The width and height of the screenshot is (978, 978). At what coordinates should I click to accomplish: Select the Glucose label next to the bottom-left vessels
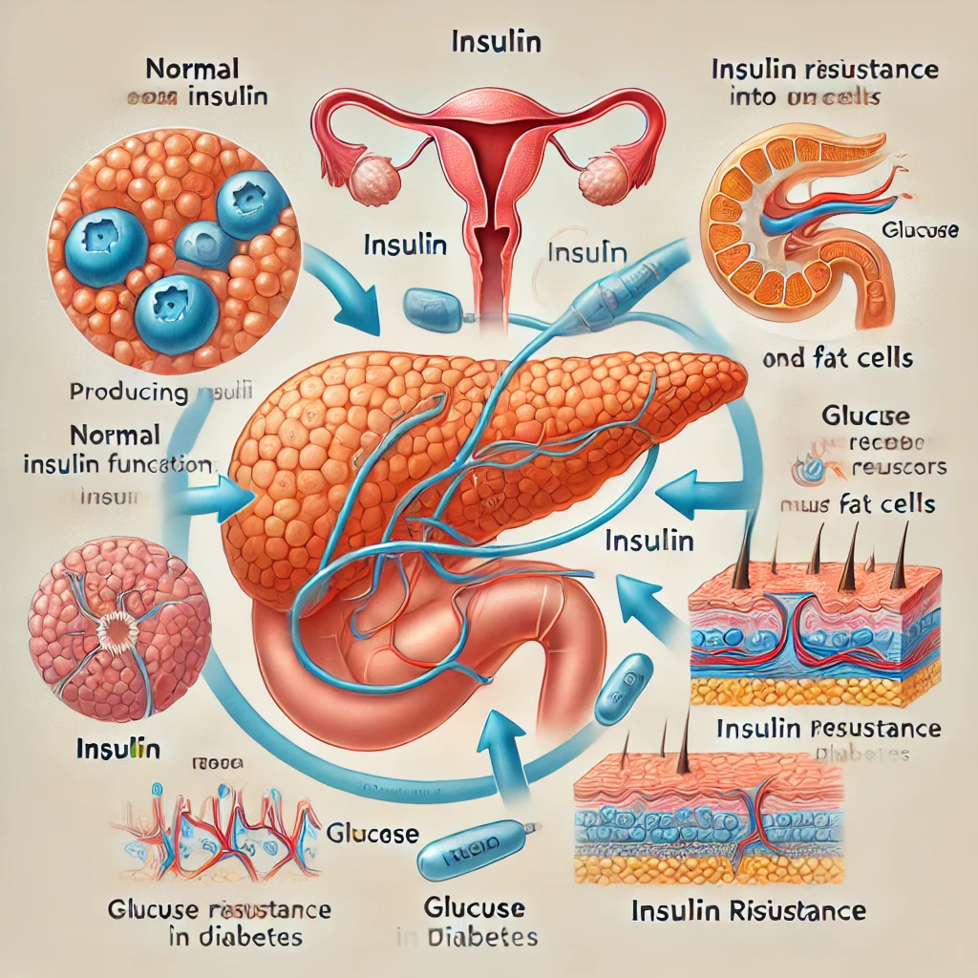[x=372, y=833]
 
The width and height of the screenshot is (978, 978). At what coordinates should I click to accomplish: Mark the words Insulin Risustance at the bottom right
[x=749, y=909]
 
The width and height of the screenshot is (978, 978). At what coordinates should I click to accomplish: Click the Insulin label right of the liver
[x=649, y=541]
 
